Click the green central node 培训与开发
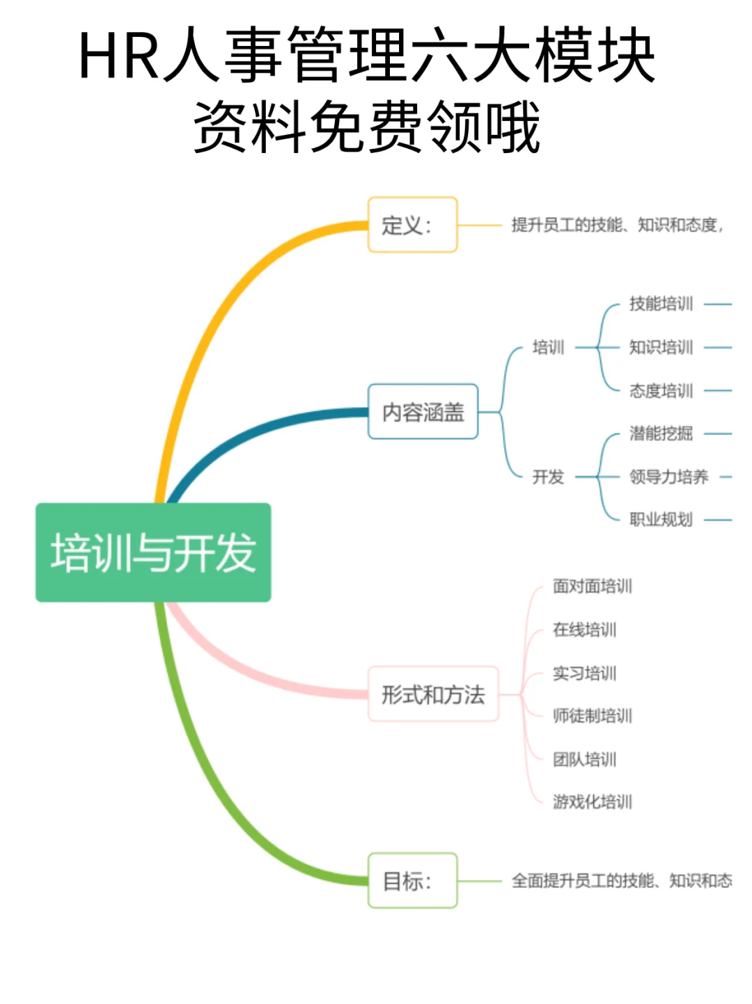153,552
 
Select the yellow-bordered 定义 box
412,225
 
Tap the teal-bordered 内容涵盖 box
423,412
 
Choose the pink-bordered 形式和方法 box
433,694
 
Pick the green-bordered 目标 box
412,881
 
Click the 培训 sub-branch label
548,347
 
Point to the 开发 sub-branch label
548,477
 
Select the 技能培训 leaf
661,304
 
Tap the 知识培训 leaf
661,347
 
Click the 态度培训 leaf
661,391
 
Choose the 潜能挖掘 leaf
661,434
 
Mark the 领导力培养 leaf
668,477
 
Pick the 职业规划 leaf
661,520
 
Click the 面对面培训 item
593,587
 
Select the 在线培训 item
585,630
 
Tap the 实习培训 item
585,674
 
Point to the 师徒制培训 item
593,716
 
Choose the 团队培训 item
585,759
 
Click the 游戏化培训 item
593,802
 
